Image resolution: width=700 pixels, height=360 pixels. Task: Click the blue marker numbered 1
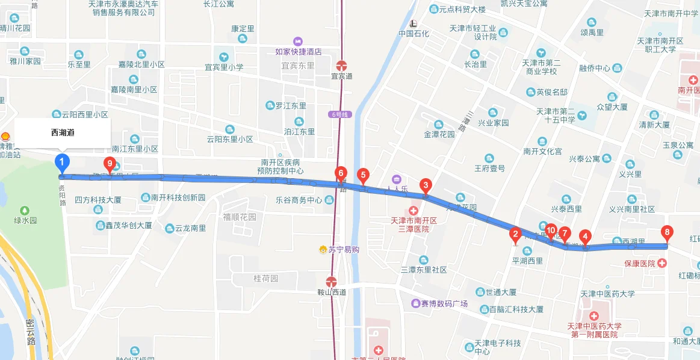[62, 163]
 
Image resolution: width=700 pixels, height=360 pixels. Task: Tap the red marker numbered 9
[110, 163]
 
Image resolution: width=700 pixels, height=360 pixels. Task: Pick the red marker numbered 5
[362, 176]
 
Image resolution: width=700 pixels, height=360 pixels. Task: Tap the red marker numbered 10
[550, 230]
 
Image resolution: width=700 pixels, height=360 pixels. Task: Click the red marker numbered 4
[586, 237]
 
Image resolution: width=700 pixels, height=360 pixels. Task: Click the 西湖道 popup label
[63, 132]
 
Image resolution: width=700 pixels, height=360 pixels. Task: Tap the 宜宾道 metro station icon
[342, 66]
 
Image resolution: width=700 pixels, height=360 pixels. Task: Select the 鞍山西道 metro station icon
[331, 281]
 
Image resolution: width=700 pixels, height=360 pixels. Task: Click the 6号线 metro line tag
[339, 114]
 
